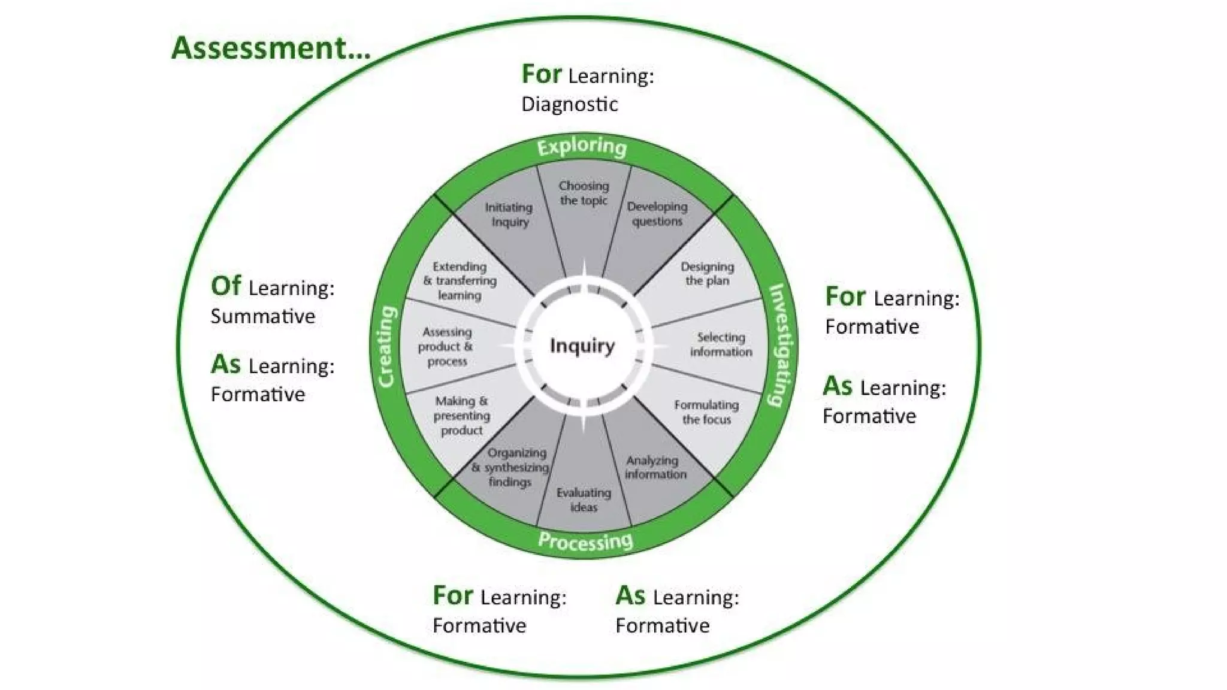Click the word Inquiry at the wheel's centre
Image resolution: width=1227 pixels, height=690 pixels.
pyautogui.click(x=582, y=346)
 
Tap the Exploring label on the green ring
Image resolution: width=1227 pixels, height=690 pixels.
pyautogui.click(x=582, y=147)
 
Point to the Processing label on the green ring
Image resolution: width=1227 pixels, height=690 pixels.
pyautogui.click(x=585, y=541)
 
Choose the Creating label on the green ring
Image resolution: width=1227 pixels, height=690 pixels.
pyautogui.click(x=386, y=347)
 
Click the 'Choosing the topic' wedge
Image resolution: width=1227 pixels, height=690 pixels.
pyautogui.click(x=584, y=193)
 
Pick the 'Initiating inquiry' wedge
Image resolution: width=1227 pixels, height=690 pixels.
pyautogui.click(x=509, y=214)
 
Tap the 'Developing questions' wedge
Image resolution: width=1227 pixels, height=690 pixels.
pyautogui.click(x=657, y=214)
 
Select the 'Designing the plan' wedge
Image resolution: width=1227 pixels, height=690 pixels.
pyautogui.click(x=707, y=274)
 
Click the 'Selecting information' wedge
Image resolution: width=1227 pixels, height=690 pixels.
pyautogui.click(x=721, y=344)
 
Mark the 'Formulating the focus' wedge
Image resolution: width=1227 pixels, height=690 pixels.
pyautogui.click(x=706, y=412)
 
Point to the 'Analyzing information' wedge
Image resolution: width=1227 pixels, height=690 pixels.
pyautogui.click(x=655, y=467)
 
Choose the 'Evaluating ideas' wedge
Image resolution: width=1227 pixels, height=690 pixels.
pyautogui.click(x=584, y=500)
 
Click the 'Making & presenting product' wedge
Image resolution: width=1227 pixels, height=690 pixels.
pyautogui.click(x=461, y=415)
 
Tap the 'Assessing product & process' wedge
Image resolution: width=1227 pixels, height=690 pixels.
pyautogui.click(x=446, y=346)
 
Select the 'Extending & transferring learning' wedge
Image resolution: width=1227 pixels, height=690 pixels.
pyautogui.click(x=460, y=280)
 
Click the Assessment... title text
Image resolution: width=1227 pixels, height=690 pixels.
pyautogui.click(x=271, y=48)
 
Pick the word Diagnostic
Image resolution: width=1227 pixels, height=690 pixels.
pyautogui.click(x=569, y=104)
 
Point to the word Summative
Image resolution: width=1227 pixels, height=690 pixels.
pyautogui.click(x=262, y=316)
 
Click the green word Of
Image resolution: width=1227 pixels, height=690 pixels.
pyautogui.click(x=226, y=286)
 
